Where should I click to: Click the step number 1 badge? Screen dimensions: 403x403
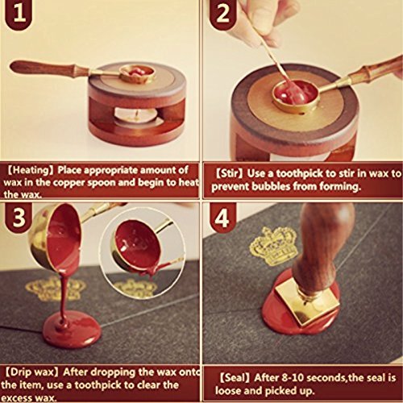coord(19,14)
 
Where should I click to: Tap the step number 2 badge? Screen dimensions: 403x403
coord(222,14)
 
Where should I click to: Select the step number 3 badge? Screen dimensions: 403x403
coord(19,217)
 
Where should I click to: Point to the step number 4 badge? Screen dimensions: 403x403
coord(222,217)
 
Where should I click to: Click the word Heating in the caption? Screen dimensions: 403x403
coord(31,170)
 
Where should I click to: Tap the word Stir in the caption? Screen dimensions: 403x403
coord(230,173)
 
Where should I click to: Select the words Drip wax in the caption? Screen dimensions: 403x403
coord(32,372)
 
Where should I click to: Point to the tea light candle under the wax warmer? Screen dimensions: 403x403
coord(135,116)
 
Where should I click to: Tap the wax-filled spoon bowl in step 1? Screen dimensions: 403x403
coord(137,73)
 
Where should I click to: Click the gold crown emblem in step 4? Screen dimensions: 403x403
coord(273,246)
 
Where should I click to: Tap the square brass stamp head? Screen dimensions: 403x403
coord(307,304)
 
